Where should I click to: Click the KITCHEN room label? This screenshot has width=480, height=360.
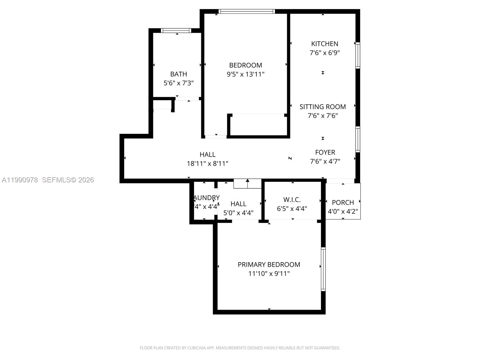coord(325,44)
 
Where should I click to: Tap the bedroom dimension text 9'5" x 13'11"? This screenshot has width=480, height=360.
coord(245,74)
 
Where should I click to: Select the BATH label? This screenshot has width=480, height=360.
coord(178,74)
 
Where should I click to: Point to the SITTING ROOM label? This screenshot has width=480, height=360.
coord(322,107)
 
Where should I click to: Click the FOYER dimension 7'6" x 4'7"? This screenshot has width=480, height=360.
coord(325,161)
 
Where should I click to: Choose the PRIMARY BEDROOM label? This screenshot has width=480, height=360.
coord(269,265)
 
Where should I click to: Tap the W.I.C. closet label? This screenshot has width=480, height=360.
coord(292,200)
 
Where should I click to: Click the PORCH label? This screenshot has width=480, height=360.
coord(343,202)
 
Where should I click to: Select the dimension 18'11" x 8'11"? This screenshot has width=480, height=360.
coord(207,163)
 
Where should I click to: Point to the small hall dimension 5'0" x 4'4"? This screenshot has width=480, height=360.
coord(238,213)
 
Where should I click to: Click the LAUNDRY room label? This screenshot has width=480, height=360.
coord(206,198)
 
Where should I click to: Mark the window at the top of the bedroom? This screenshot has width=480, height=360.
coord(247,11)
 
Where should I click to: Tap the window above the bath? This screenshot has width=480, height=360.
coord(176,30)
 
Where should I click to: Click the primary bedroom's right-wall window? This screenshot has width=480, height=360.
coord(323,269)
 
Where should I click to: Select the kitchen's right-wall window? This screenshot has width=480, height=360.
coord(358,55)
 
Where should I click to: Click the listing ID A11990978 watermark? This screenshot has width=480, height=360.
coord(20,180)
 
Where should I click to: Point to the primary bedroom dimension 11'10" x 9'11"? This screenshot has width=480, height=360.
coord(269,274)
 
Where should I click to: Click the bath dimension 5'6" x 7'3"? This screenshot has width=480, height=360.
coord(178,83)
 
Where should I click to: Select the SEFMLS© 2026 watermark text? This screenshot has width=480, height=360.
coord(68,180)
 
